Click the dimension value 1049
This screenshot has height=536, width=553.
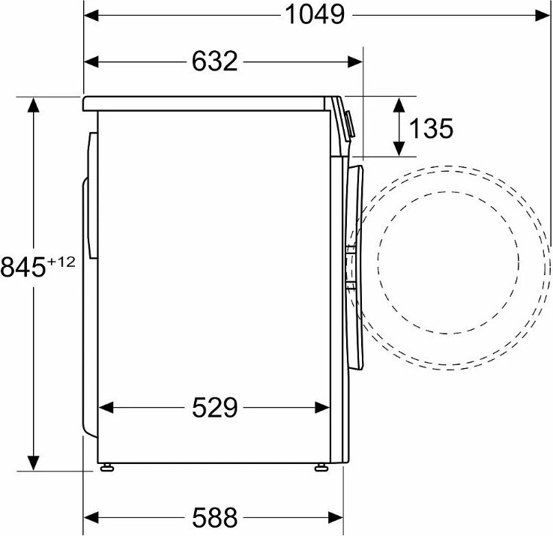click(315, 15)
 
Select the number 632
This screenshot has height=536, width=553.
click(215, 61)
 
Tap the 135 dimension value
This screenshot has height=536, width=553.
click(431, 128)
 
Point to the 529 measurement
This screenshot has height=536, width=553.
click(215, 408)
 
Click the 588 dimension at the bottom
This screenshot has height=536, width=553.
click(215, 518)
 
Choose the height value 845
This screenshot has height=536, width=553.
click(23, 267)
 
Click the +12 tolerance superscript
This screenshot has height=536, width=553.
click(61, 262)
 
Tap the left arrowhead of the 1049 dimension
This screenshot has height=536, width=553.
click(91, 16)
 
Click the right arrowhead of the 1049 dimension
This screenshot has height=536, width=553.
click(542, 16)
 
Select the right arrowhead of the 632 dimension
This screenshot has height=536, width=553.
click(354, 61)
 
